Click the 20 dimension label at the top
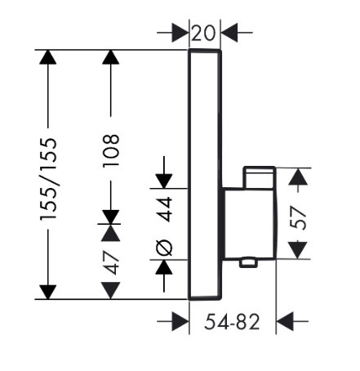click(x=203, y=34)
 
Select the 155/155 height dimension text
click(x=49, y=179)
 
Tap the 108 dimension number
click(x=111, y=150)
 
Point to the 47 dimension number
click(x=112, y=262)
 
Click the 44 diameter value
click(x=165, y=209)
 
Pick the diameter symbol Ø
click(x=165, y=248)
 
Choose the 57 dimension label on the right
click(x=298, y=218)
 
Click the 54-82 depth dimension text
click(x=232, y=322)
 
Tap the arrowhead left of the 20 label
click(x=180, y=33)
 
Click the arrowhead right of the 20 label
click(x=229, y=33)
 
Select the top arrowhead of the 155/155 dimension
click(x=48, y=57)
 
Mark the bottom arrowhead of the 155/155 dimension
click(x=48, y=292)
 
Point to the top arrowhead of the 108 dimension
click(x=111, y=57)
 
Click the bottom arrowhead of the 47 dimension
click(x=111, y=291)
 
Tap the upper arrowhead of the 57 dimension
click(x=298, y=177)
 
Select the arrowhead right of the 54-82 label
click(x=285, y=321)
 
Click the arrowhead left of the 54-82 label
click(x=180, y=321)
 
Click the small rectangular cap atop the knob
click(x=260, y=177)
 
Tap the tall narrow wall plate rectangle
click(x=205, y=175)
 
